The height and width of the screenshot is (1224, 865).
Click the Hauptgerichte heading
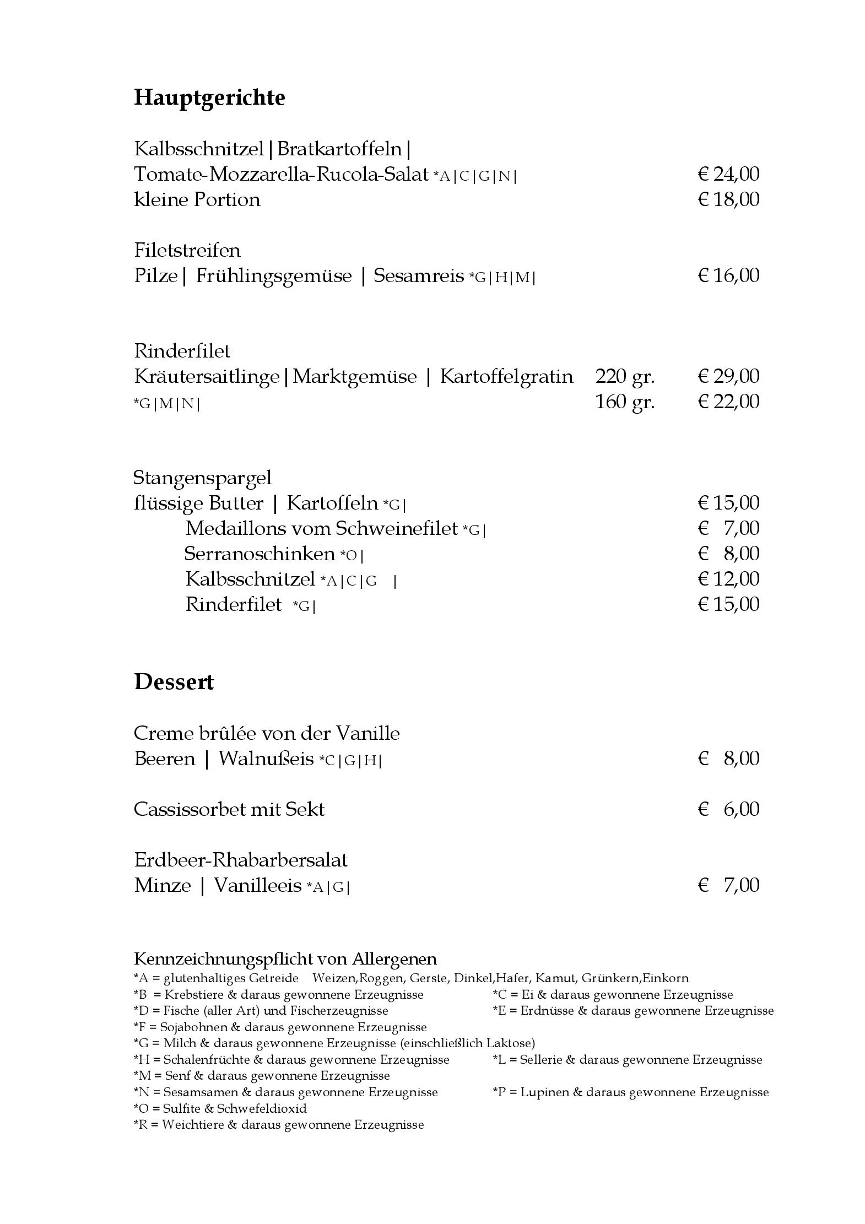pos(209,98)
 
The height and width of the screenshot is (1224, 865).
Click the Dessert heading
pos(174,682)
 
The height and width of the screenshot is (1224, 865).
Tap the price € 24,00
pos(728,174)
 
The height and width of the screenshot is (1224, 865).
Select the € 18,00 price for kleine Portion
pos(728,199)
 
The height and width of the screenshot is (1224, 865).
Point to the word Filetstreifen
pos(187,250)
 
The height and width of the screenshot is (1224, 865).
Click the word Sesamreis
pos(419,275)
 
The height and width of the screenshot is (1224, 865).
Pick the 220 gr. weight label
pos(625,377)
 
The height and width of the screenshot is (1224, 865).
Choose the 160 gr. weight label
pos(625,402)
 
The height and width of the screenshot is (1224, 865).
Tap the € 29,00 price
pos(728,377)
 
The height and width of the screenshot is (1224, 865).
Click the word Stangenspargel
pos(202,478)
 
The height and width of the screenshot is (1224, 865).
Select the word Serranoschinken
pos(259,553)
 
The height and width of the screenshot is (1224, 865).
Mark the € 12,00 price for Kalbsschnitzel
pos(728,579)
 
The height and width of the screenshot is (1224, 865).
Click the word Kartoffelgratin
pos(506,377)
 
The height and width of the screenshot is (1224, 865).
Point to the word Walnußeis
pos(266,759)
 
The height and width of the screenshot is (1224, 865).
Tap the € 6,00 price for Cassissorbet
pos(728,809)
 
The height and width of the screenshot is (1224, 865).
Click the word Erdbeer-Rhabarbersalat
pos(241,860)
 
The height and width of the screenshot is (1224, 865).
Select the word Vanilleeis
pos(257,885)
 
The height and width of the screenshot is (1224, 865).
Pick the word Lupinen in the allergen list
pos(544,1092)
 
